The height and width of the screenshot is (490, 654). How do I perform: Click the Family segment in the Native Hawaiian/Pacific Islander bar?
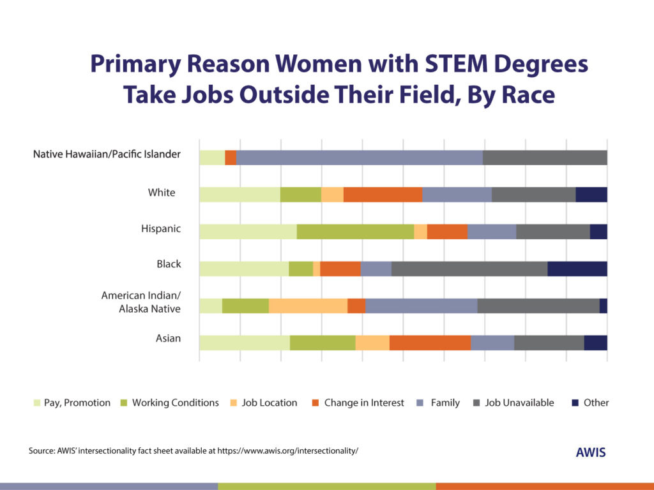[359, 158]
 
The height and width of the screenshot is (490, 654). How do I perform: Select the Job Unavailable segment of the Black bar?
[469, 269]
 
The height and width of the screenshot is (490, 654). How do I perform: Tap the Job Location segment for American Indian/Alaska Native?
[308, 306]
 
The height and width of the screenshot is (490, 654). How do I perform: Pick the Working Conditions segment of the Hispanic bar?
[355, 232]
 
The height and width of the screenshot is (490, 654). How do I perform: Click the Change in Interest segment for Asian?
[430, 343]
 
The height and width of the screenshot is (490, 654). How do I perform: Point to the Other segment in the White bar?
[591, 195]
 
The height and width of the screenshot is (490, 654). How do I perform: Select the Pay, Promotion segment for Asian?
[244, 343]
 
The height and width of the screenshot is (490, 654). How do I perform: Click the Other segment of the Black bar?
[577, 269]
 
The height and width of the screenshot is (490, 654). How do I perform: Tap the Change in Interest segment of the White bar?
[383, 195]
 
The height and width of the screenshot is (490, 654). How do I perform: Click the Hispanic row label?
[161, 228]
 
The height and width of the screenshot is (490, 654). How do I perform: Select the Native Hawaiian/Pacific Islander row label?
[107, 154]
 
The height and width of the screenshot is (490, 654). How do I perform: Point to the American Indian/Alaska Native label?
[141, 302]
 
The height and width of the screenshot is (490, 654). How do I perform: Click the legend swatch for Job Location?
[234, 403]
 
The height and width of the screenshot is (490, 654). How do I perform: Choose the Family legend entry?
[445, 403]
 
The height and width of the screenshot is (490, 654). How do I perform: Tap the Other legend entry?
[595, 403]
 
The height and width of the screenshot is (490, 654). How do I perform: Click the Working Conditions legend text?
[175, 403]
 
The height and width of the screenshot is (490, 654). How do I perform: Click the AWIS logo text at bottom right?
[590, 452]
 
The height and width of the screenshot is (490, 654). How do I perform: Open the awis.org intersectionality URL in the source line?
[287, 450]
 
